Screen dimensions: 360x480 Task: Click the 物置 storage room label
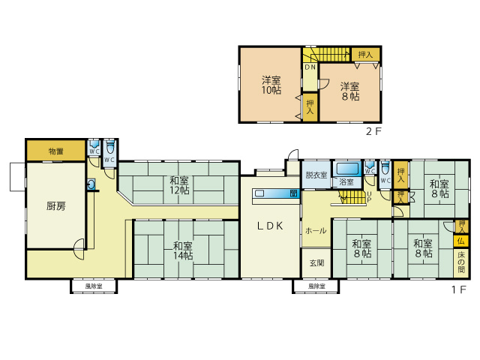[x=56, y=151]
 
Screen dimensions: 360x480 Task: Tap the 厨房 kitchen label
[x=55, y=205]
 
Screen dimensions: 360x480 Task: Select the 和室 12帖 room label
[x=178, y=185]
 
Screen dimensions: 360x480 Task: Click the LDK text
[x=270, y=226]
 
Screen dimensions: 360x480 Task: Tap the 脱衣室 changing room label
[x=316, y=175]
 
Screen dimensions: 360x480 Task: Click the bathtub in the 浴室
[x=347, y=168]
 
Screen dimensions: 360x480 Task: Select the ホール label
[x=315, y=231]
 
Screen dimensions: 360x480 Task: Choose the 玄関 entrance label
[x=316, y=262]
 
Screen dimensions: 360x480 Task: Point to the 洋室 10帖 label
[x=271, y=85]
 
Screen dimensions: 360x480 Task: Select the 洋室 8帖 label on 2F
[x=349, y=91]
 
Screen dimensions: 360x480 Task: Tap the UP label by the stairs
[x=367, y=196]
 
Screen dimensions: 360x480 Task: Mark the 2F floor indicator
[x=372, y=132]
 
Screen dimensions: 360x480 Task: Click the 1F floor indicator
[x=458, y=289]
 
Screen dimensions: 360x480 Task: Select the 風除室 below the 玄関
[x=316, y=286]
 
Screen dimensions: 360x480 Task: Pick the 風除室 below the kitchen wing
[x=94, y=286]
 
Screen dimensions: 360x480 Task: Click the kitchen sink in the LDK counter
[x=259, y=193]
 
